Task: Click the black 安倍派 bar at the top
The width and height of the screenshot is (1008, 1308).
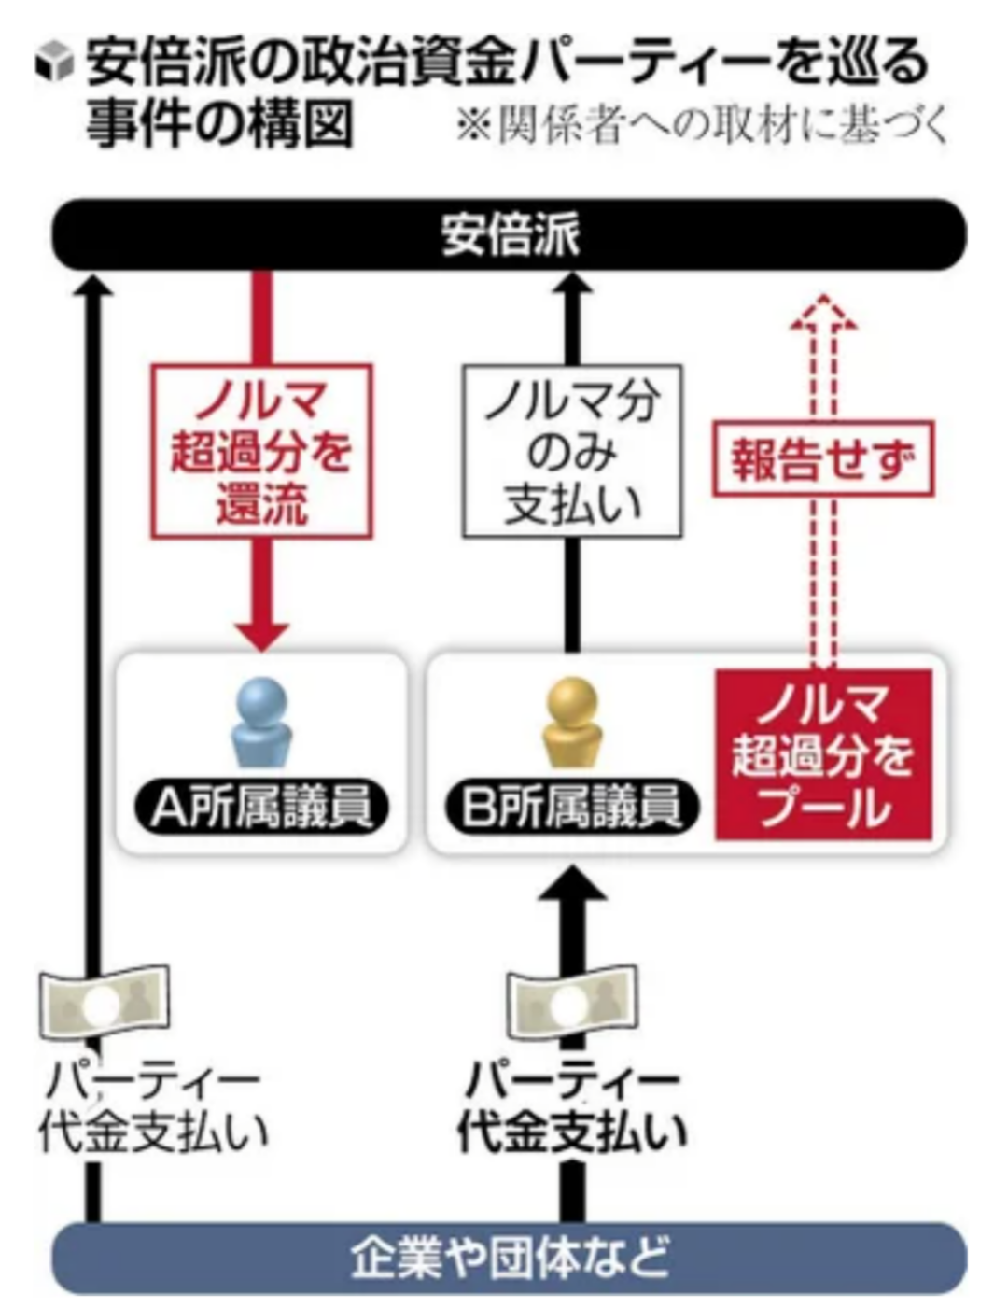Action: (509, 233)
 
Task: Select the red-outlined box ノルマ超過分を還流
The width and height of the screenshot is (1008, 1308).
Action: (261, 452)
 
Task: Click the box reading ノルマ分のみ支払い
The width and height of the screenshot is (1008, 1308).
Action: (572, 452)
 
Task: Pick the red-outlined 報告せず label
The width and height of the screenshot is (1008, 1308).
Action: (822, 458)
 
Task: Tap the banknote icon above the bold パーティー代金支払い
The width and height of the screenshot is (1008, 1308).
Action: (571, 1005)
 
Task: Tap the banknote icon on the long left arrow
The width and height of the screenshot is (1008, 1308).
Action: (104, 1003)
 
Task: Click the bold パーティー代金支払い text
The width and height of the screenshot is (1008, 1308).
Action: (571, 1107)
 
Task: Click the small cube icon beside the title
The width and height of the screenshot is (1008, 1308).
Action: (53, 63)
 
